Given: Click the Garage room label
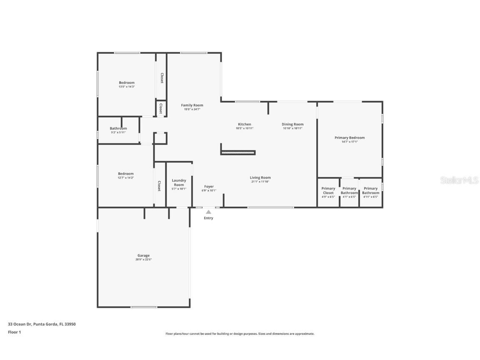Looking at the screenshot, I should coord(143,255).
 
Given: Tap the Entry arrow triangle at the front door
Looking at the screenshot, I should coord(208,212).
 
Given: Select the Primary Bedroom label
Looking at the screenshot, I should coord(350,137).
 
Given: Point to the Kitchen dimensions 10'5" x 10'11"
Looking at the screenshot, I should coord(245,128).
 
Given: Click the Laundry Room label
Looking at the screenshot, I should coord(179,182).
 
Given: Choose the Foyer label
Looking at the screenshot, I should coord(209,186).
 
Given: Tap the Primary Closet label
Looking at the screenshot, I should coord(328,190).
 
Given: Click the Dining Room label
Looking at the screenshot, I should coord(292,124).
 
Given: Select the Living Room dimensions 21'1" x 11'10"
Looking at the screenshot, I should coord(260,182).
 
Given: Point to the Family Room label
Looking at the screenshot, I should coord(192,105).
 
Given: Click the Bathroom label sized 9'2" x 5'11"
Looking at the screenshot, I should coord(118,128).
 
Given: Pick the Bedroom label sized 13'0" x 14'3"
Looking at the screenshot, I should coord(127,82).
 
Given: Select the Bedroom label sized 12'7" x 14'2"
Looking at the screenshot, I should coord(125,173).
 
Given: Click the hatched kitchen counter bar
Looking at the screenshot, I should coord(237,153).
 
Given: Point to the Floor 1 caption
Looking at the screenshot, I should coord(14,332).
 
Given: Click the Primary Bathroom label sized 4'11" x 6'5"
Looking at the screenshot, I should coord(370,190).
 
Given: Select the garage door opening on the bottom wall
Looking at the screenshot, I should coord(144,307).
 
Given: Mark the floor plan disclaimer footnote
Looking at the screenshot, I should coord(240,334).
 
